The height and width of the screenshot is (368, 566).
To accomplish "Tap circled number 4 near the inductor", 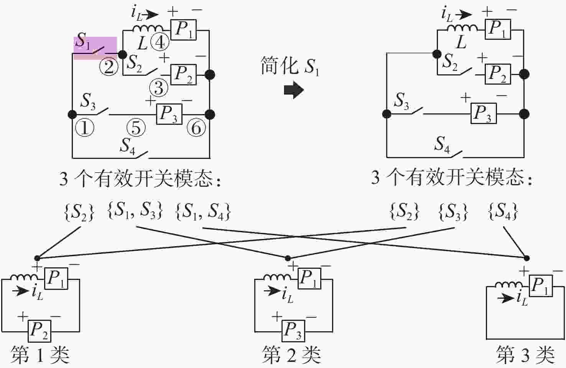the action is click(160, 43).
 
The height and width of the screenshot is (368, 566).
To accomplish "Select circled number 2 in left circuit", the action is click(109, 67).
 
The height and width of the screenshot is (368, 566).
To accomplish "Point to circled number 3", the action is click(159, 88).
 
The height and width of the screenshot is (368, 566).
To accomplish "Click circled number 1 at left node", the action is click(85, 128).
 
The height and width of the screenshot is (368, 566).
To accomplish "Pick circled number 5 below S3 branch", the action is click(136, 128).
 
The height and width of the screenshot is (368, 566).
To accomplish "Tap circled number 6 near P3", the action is click(196, 128).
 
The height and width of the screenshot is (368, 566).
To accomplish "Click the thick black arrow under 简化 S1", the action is click(294, 90).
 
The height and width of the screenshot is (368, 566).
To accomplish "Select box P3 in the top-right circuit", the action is click(484, 113).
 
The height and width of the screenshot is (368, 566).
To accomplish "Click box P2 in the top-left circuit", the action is click(184, 75).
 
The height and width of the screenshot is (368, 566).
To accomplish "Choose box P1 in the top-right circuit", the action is click(498, 29).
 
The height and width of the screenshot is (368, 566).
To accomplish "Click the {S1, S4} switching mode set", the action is click(203, 211).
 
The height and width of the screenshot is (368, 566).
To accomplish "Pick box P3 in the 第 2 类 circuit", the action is click(293, 331).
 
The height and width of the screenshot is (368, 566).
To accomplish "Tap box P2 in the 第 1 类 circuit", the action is click(39, 331).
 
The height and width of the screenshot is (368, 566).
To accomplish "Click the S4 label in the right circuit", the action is click(442, 144).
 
